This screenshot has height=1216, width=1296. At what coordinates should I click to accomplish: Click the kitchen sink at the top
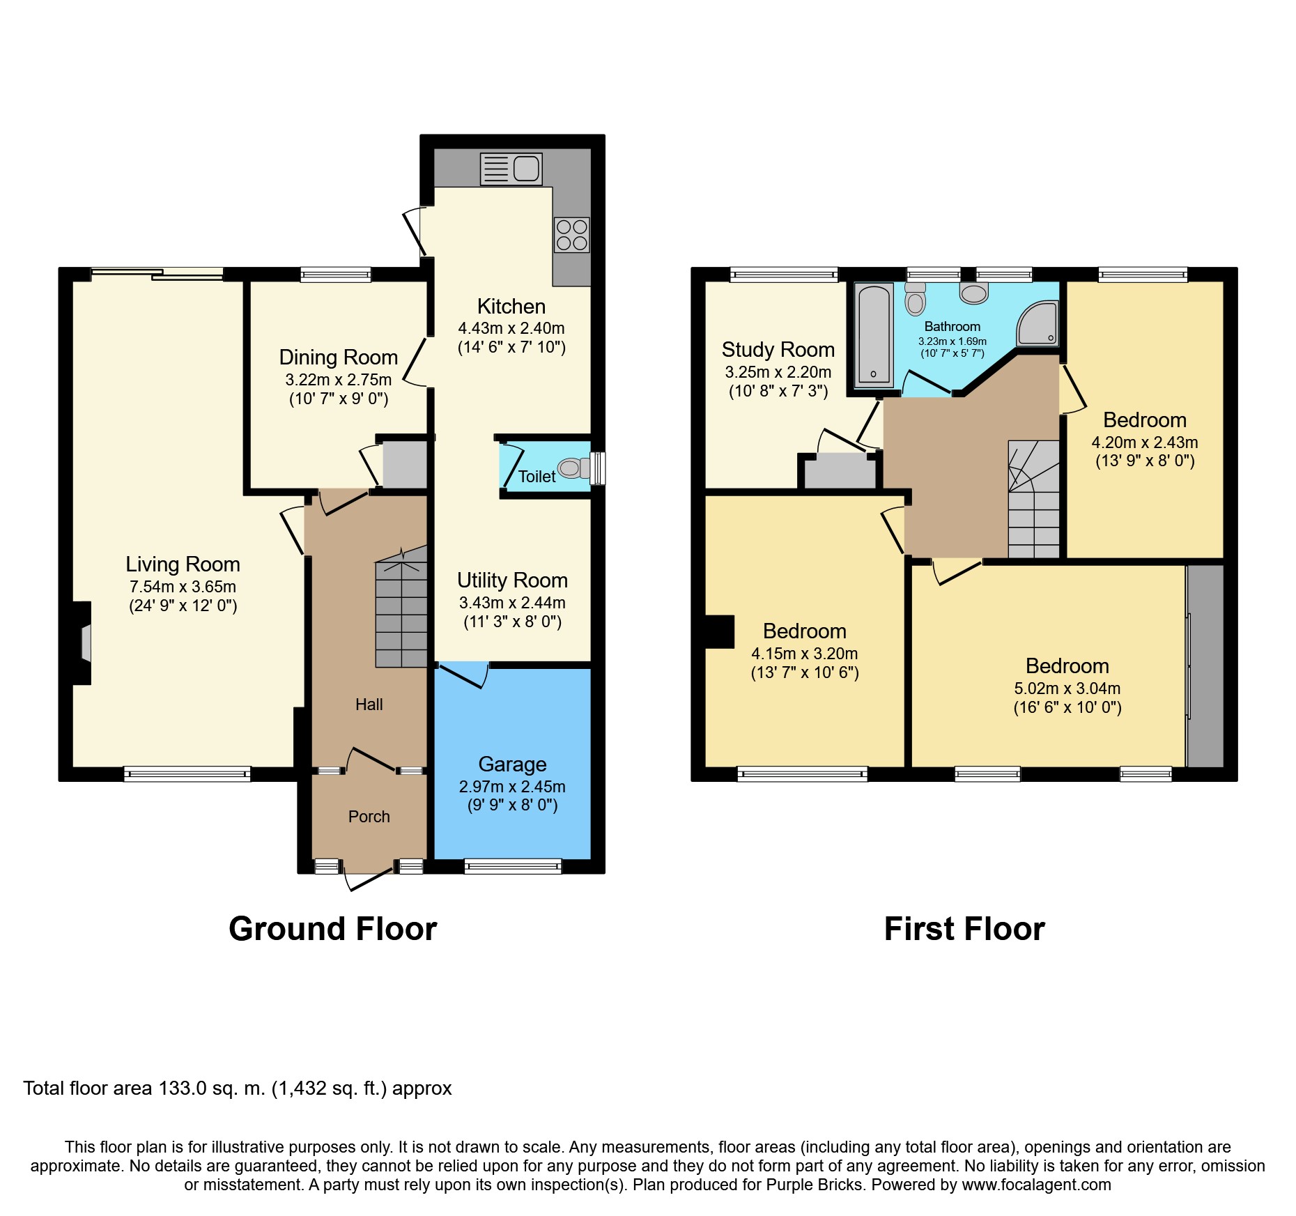pyautogui.click(x=511, y=169)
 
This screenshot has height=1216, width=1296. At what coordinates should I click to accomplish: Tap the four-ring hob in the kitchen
pyautogui.click(x=572, y=235)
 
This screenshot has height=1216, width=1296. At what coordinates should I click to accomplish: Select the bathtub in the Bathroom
pyautogui.click(x=874, y=335)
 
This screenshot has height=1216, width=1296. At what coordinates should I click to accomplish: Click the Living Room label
pyautogui.click(x=183, y=564)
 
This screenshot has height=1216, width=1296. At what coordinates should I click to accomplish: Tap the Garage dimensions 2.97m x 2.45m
pyautogui.click(x=512, y=787)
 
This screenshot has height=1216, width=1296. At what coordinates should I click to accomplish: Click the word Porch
pyautogui.click(x=369, y=817)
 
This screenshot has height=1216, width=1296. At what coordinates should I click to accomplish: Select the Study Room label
pyautogui.click(x=778, y=349)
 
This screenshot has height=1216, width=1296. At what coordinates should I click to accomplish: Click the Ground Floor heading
pyautogui.click(x=332, y=929)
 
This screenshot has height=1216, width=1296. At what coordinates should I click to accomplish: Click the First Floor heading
pyautogui.click(x=964, y=929)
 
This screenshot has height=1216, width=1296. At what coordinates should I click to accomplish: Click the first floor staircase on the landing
pyautogui.click(x=1033, y=499)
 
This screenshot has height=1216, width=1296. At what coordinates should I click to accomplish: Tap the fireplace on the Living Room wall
pyautogui.click(x=84, y=643)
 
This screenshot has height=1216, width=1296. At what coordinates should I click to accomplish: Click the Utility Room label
pyautogui.click(x=512, y=580)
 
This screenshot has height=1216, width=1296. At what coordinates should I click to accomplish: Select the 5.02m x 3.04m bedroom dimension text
pyautogui.click(x=1067, y=688)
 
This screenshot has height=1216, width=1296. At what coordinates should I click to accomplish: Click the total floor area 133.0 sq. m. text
pyautogui.click(x=237, y=1088)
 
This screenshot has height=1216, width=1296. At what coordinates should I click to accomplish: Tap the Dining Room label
pyautogui.click(x=338, y=357)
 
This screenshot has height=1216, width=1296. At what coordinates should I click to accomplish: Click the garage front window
pyautogui.click(x=513, y=866)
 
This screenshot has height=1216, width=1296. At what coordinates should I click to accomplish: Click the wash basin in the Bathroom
pyautogui.click(x=973, y=293)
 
